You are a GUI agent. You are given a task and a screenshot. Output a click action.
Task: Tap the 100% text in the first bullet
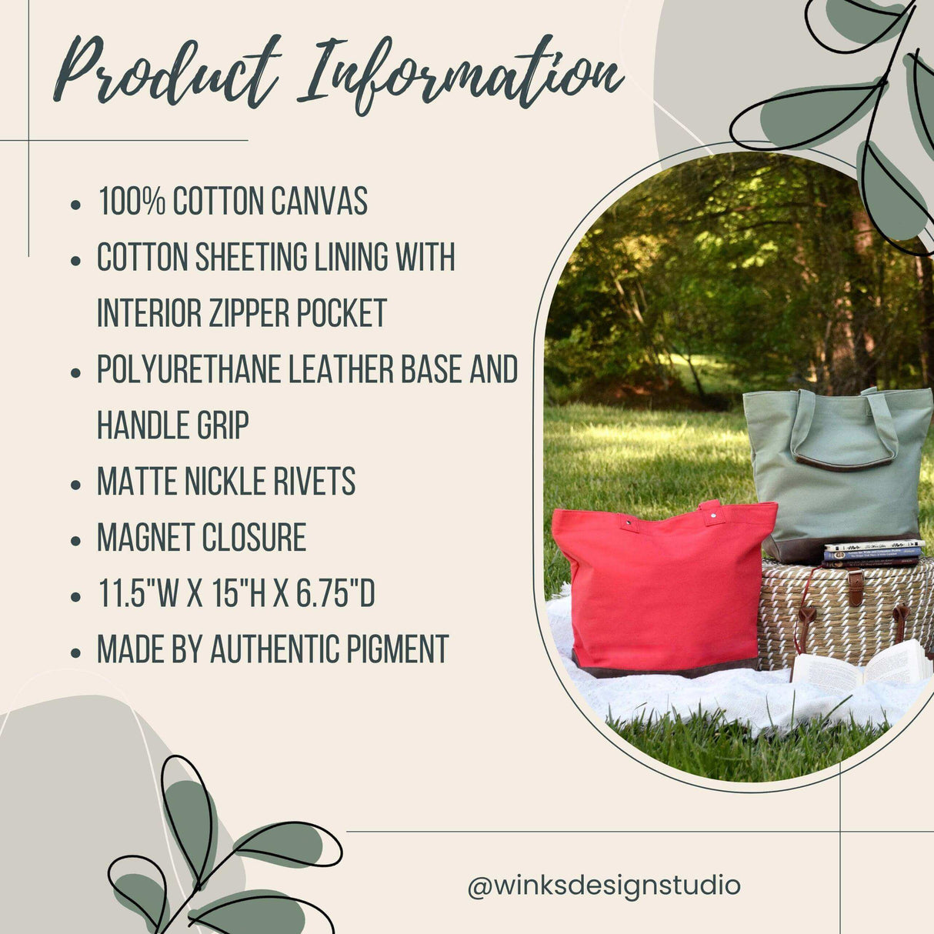[132, 201]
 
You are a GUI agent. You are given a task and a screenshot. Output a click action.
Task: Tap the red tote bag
[663, 588]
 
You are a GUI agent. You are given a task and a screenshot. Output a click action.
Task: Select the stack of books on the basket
[872, 552]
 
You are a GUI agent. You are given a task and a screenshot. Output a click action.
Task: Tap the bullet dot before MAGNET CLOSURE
[75, 540]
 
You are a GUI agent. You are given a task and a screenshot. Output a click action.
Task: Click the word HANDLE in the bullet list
[139, 425]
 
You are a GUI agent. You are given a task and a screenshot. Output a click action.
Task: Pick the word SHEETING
[251, 257]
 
